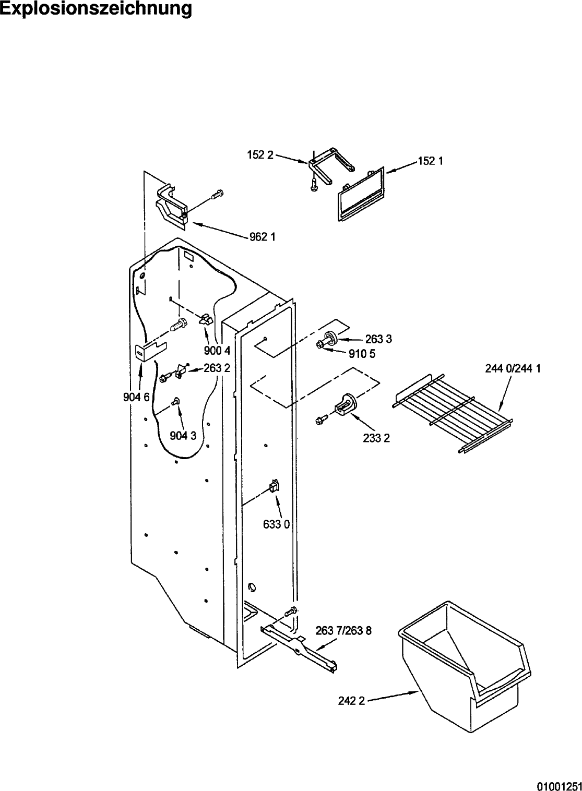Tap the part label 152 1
tap(431, 161)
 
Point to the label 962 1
tap(263, 237)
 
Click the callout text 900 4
tap(217, 351)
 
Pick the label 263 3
tap(379, 339)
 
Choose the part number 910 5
tap(362, 354)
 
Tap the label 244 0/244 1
tap(513, 369)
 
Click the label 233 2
tap(376, 438)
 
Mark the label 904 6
tap(136, 397)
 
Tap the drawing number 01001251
tap(560, 786)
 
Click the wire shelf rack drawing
tap(453, 413)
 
